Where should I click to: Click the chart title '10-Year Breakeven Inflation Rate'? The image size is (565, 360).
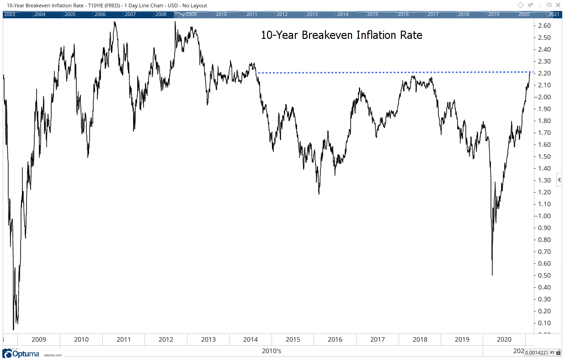tap(341, 35)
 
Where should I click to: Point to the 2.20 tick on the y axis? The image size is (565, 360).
tap(544, 73)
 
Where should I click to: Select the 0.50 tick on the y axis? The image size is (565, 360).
tap(544, 275)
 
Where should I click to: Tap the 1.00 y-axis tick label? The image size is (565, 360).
tap(544, 216)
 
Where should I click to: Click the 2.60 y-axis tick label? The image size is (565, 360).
tap(544, 26)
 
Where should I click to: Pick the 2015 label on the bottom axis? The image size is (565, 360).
tap(293, 339)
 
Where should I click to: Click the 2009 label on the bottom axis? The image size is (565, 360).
tap(38, 339)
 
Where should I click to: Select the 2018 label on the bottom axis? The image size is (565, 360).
tap(420, 339)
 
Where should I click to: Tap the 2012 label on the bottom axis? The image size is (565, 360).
tap(165, 339)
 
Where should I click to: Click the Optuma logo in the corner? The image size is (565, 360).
tap(21, 354)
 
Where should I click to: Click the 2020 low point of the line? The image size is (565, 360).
tap(492, 275)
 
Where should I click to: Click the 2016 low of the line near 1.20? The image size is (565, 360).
tap(319, 194)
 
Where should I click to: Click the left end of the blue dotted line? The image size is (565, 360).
tap(257, 73)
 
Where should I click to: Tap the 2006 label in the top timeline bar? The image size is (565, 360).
tap(100, 14)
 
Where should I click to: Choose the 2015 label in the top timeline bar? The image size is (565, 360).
tap(373, 14)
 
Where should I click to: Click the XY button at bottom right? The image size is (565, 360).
tap(552, 352)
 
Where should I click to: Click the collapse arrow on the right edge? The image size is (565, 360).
tap(559, 180)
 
